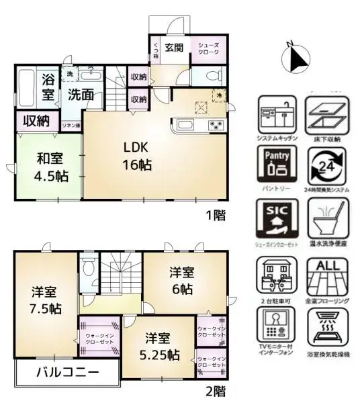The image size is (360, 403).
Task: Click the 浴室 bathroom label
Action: [48, 87]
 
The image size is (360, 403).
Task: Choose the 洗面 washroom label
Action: [81, 95]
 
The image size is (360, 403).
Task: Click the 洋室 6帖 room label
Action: [181, 281]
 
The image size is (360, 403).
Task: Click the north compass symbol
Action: [296, 58]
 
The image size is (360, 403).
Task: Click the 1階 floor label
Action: [215, 216]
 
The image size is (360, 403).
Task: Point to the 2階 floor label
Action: [215, 390]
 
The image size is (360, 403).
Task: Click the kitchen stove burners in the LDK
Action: [217, 124]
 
